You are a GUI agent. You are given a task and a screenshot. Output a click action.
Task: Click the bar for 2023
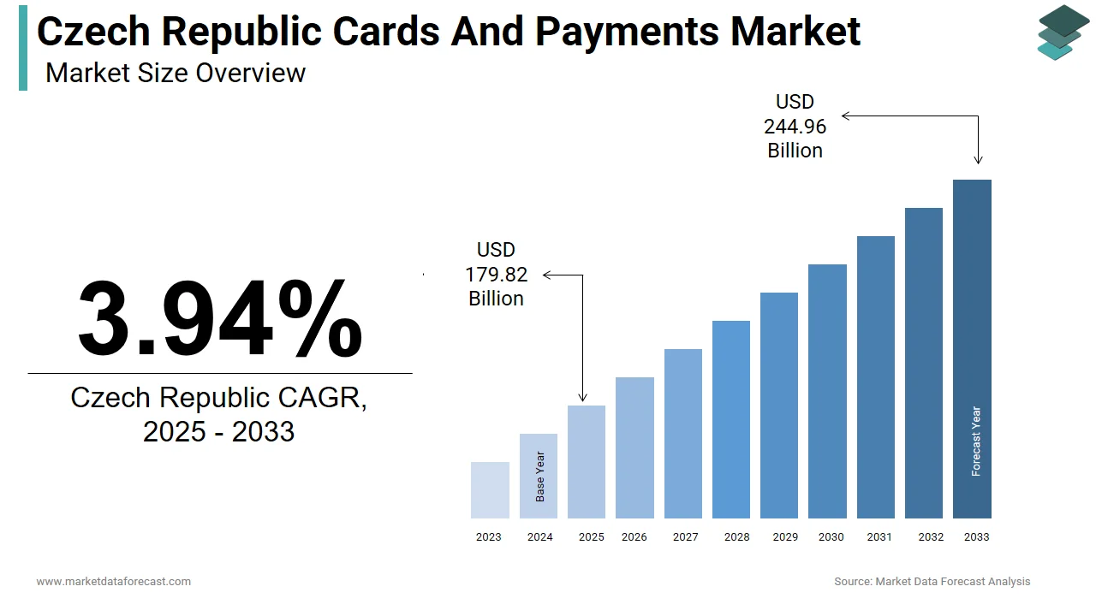[x=490, y=490]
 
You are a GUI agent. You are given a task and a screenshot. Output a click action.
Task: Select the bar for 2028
[x=730, y=419]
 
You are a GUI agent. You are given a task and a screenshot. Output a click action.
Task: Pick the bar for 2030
[x=827, y=391]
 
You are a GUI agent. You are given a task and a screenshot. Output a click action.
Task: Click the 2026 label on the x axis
[x=634, y=537]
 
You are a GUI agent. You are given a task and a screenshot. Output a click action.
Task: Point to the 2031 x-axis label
[x=879, y=537]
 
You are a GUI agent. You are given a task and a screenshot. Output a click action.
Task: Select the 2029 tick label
[x=785, y=537]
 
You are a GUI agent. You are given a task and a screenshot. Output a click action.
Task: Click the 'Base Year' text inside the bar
[x=540, y=477]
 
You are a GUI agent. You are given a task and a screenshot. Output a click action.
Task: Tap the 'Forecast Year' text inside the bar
[x=976, y=441]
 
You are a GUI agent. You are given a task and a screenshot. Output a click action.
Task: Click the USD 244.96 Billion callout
[x=795, y=127]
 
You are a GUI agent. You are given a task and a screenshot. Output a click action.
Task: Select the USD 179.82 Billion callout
[x=496, y=274]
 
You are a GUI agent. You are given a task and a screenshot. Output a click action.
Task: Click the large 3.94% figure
[x=220, y=318]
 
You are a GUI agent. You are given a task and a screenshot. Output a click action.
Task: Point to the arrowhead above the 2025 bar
[x=583, y=397]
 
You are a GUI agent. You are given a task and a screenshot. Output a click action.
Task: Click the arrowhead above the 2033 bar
[x=978, y=159]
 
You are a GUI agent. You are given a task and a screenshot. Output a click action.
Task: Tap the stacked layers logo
[x=1063, y=33]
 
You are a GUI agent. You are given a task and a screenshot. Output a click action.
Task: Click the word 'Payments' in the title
[x=628, y=32]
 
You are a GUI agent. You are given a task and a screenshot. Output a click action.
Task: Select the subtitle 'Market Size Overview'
[x=176, y=73]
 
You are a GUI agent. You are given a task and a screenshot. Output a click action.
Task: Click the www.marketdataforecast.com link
[x=114, y=582]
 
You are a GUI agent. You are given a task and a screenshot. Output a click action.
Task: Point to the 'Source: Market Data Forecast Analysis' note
[x=932, y=582]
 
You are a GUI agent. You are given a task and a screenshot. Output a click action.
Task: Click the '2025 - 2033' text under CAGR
[x=219, y=432]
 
